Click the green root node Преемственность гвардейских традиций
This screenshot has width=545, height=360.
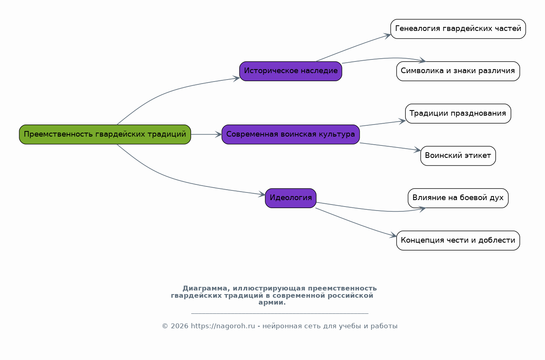pyautogui.click(x=105, y=135)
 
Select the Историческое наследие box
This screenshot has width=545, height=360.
pyautogui.click(x=291, y=71)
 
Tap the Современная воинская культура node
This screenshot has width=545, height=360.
pyautogui.click(x=291, y=135)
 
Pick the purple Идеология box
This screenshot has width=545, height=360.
pyautogui.click(x=291, y=198)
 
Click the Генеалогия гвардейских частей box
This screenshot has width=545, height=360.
pyautogui.click(x=458, y=29)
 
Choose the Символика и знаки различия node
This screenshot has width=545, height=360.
pyautogui.click(x=458, y=71)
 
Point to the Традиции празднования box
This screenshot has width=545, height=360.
pyautogui.click(x=458, y=113)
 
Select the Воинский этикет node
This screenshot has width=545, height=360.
pyautogui.click(x=458, y=155)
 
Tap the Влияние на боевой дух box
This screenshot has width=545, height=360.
pyautogui.click(x=458, y=198)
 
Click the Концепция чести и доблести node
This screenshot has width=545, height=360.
pyautogui.click(x=458, y=240)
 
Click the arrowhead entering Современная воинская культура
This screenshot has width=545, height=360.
pyautogui.click(x=219, y=135)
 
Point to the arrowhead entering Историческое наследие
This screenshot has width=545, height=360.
pyautogui.click(x=236, y=79)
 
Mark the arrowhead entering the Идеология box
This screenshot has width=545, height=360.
pyautogui.click(x=262, y=194)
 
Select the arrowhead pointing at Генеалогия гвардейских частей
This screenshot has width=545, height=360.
pyautogui.click(x=387, y=36)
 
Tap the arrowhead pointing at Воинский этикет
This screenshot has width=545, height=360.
pyautogui.click(x=418, y=150)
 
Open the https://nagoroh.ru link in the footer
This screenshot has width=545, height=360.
pyautogui.click(x=223, y=326)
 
